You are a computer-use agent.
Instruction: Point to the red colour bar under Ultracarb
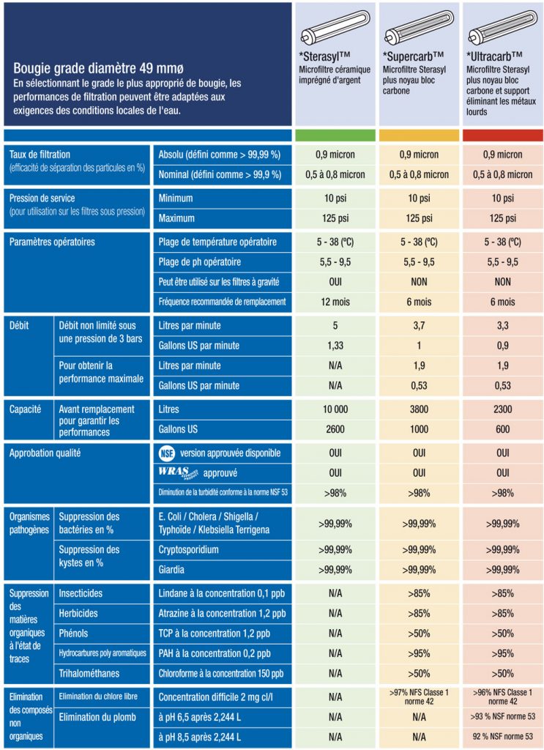click(502, 135)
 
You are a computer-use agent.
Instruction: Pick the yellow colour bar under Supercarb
click(419, 135)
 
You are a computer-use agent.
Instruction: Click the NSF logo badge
click(168, 453)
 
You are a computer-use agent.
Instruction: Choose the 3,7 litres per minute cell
click(419, 325)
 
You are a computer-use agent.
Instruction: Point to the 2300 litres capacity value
click(502, 409)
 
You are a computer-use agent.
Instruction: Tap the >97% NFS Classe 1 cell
click(419, 697)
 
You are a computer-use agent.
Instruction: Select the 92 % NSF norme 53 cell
click(502, 737)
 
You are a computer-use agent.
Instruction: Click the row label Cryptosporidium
click(189, 549)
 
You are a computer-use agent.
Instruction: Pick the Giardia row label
click(172, 569)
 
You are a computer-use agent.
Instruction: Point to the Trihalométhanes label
click(89, 673)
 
